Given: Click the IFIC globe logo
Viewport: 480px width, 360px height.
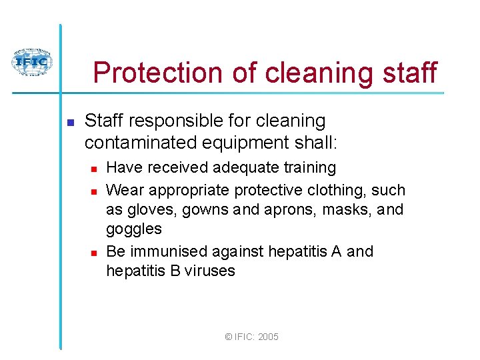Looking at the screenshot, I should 31,63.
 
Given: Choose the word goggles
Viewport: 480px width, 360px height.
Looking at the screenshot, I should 134,229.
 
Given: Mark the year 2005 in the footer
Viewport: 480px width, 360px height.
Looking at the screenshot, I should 267,337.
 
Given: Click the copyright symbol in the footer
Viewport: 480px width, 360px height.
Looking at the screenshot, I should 229,337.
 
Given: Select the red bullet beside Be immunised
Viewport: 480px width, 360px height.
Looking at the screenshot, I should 94,253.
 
